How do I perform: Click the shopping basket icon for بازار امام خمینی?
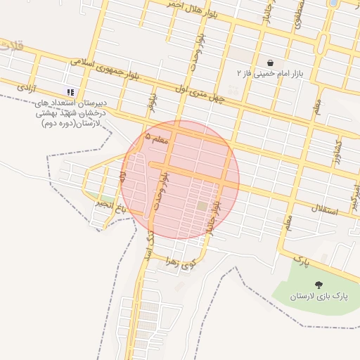pyautogui.click(x=271, y=62)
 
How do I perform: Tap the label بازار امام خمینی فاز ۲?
pyautogui.click(x=271, y=73)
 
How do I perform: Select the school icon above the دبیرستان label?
pyautogui.click(x=70, y=92)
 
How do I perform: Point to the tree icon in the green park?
pyautogui.click(x=319, y=285)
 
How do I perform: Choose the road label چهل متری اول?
pyautogui.click(x=202, y=94)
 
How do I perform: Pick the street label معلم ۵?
pyautogui.click(x=157, y=139)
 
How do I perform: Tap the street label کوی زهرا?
pyautogui.click(x=178, y=263)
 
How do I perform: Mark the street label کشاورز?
pyautogui.click(x=336, y=149)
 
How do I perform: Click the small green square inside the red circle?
pyautogui.click(x=202, y=206)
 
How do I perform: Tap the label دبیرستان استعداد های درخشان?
pyautogui.click(x=70, y=112)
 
